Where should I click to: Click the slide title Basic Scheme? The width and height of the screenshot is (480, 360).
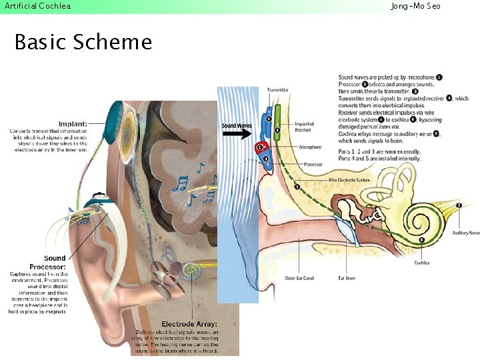pos(83,42)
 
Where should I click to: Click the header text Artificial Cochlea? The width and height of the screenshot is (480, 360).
pos(37,6)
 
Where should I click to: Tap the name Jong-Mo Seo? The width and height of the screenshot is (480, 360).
pos(415,6)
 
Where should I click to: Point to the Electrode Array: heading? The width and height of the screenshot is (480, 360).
pos(189,325)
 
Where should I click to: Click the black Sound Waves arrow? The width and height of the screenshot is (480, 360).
pos(237,133)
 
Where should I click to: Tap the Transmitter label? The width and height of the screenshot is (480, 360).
pos(277,90)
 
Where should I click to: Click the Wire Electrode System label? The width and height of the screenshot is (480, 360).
pos(349,180)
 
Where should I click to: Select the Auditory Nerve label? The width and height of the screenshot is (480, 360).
pos(465,233)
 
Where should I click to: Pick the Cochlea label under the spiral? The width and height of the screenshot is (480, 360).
pos(421,263)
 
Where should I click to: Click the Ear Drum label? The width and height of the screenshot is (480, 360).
pos(346,277)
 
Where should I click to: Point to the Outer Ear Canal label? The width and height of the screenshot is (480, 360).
pos(299,277)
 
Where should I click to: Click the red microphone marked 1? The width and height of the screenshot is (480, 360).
pos(260,147)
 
